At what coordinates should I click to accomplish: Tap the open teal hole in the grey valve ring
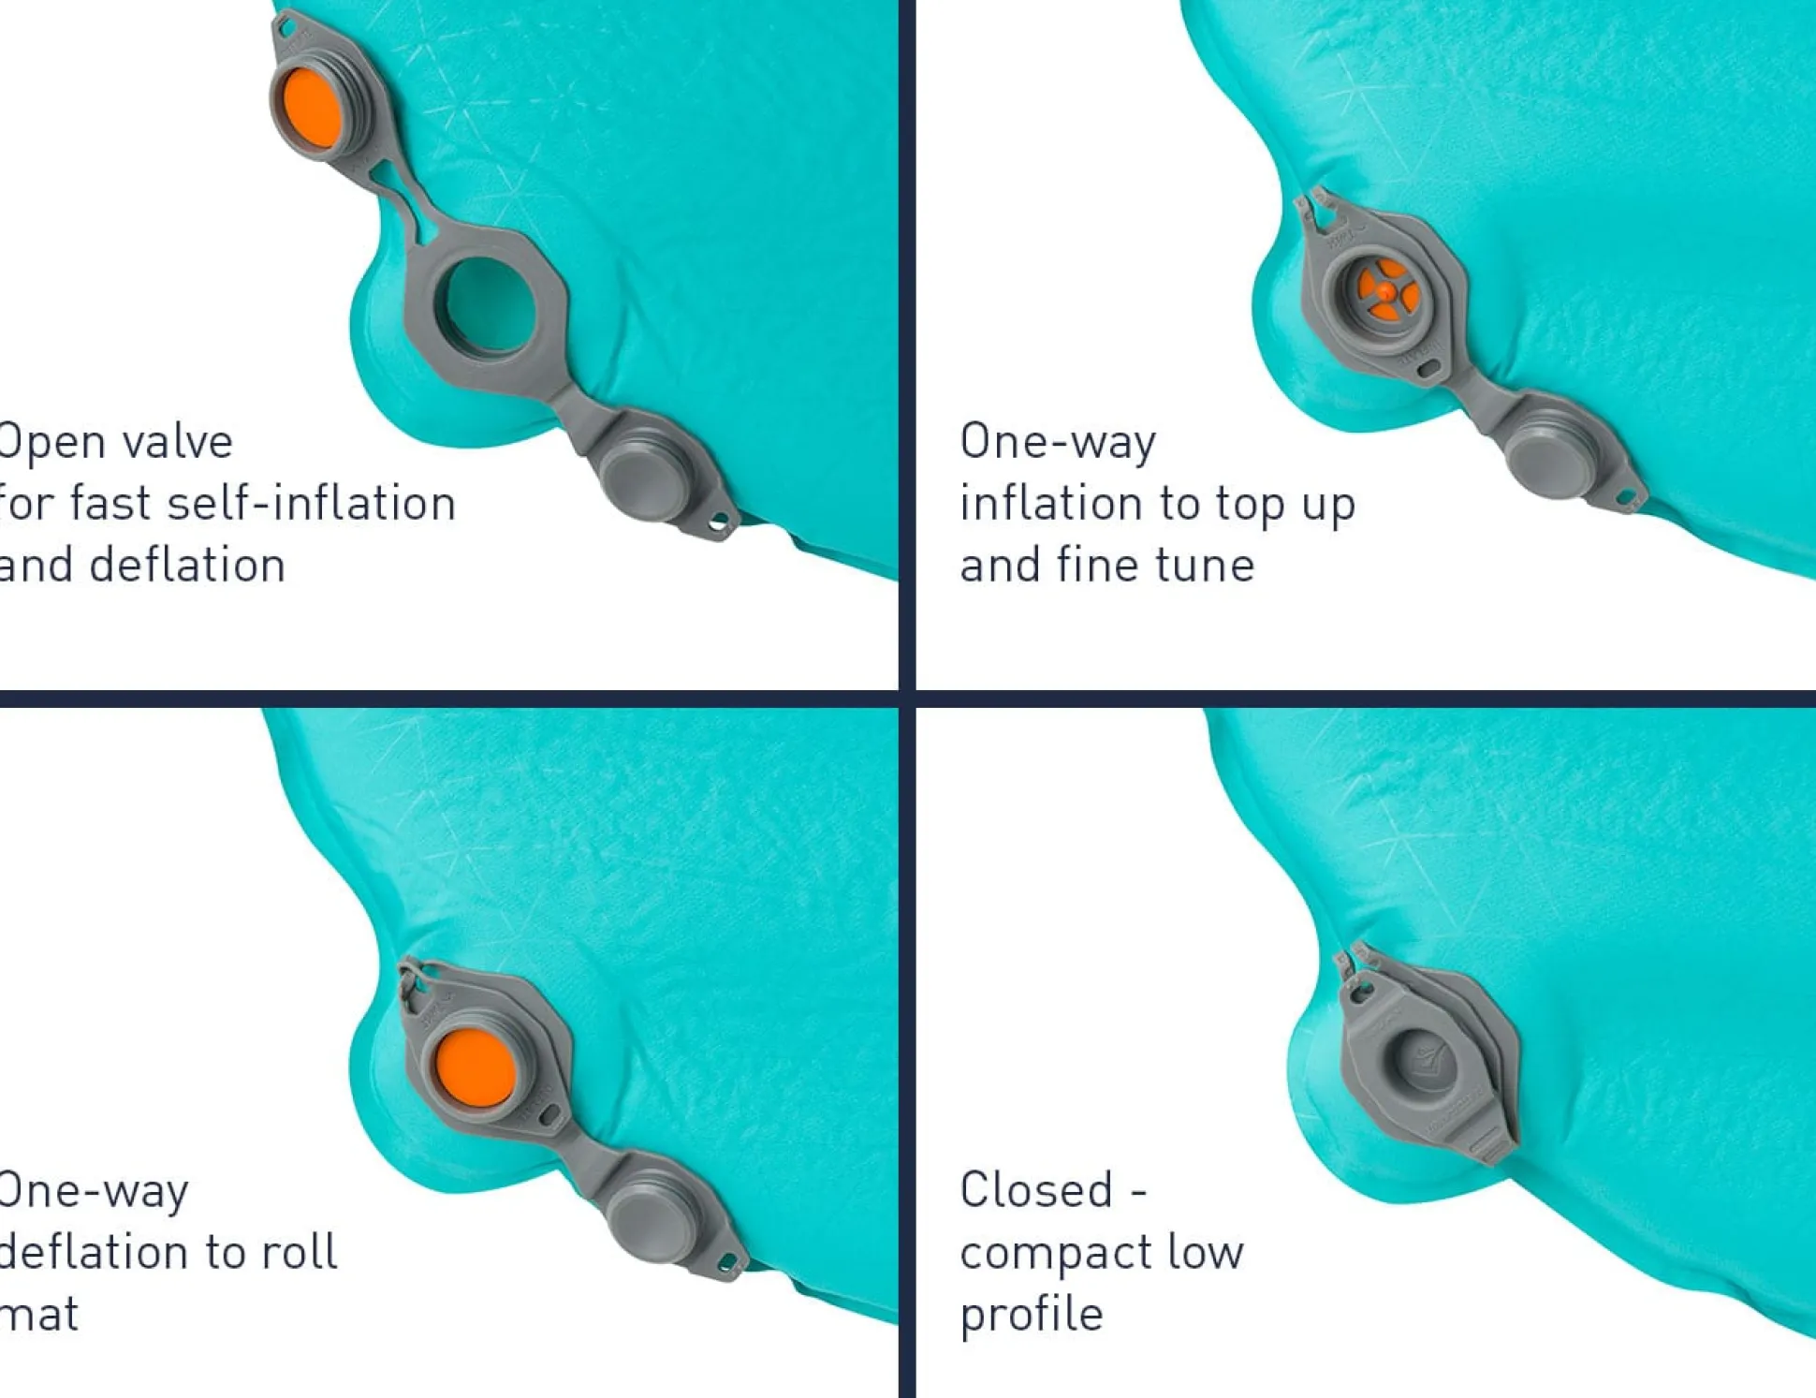(485, 306)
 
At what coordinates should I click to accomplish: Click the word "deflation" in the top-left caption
(187, 566)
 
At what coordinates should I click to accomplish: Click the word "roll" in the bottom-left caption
(299, 1252)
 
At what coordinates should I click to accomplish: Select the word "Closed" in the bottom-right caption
(1035, 1190)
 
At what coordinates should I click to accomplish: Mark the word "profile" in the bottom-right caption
(1032, 1315)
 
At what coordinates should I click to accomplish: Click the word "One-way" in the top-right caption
(1058, 441)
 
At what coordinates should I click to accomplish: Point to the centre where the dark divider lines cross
(906, 699)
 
